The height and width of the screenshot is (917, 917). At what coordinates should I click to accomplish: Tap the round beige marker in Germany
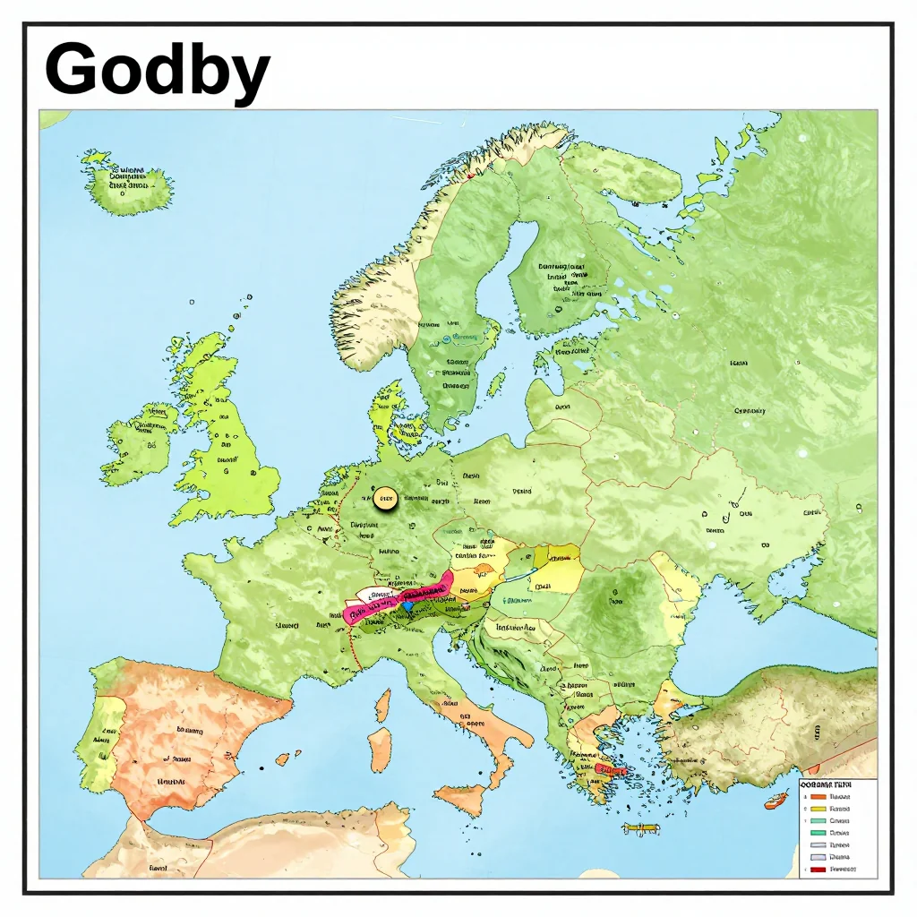point(385,499)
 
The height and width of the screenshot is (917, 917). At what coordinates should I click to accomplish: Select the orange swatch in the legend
point(818,796)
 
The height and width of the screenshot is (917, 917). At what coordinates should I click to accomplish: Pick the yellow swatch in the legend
point(818,808)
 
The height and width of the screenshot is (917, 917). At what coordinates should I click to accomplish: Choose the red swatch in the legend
point(818,869)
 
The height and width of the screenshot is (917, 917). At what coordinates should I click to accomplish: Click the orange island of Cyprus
point(776,800)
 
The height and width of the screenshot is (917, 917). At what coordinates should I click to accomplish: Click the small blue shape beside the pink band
point(407,607)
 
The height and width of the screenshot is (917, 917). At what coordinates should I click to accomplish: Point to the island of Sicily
point(461,798)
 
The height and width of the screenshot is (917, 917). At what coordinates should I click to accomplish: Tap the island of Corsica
point(383,705)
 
